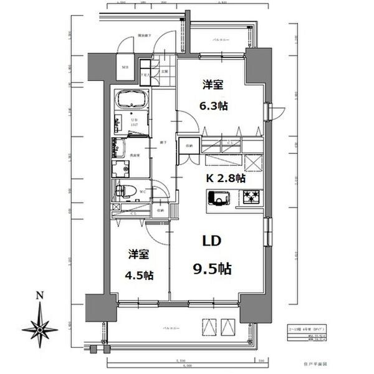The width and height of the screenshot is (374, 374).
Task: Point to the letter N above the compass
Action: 39,295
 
